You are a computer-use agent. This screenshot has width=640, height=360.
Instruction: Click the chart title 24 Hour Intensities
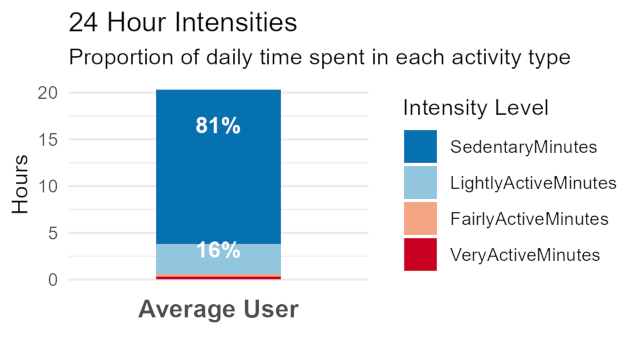click(x=183, y=21)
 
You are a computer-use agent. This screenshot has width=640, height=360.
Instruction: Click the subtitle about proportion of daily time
click(x=319, y=57)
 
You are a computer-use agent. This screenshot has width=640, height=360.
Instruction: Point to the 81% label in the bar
click(x=218, y=126)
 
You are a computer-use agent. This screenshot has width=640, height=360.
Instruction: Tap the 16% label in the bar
click(x=218, y=251)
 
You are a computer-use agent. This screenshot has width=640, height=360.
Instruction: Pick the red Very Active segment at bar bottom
click(x=218, y=278)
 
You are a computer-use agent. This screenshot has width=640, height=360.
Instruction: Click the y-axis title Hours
click(x=21, y=186)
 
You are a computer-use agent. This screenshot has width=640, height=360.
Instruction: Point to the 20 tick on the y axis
click(x=48, y=93)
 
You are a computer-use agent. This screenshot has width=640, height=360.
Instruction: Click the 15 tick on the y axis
click(x=48, y=140)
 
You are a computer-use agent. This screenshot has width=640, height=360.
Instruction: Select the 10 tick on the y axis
click(x=48, y=186)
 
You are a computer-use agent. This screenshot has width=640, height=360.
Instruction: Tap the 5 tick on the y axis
click(x=53, y=233)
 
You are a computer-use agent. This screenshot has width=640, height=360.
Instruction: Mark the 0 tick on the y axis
click(x=53, y=280)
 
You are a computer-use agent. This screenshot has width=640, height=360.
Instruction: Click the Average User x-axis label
click(x=218, y=310)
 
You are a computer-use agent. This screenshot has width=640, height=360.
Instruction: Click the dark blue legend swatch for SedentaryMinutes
click(x=421, y=146)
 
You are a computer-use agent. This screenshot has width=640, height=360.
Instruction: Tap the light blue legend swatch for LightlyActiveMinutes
click(x=421, y=182)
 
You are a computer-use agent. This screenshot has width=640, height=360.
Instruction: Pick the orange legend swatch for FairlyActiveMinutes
click(x=421, y=218)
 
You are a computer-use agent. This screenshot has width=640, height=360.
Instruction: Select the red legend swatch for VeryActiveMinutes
click(x=421, y=254)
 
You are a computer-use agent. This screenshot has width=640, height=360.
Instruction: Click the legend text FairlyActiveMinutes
click(x=529, y=218)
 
